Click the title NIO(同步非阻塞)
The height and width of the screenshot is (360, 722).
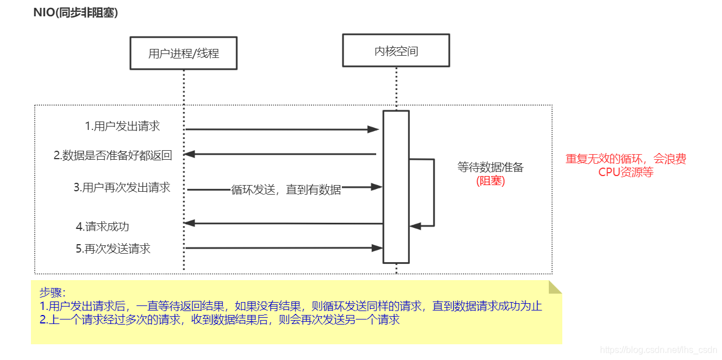pos(76,13)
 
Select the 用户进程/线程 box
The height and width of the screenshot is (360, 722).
pos(183,53)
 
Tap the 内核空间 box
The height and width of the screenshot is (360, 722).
pos(396,51)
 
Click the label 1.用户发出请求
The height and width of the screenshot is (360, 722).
pos(123,126)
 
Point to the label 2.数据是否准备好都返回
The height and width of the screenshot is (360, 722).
pos(112,156)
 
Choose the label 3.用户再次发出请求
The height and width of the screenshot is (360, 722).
pos(122,187)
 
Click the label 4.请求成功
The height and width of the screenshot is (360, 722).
pos(102,226)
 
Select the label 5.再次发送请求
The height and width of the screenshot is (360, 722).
pos(113,248)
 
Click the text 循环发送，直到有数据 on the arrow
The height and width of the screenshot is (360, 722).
pos(286,190)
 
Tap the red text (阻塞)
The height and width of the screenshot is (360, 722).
pos(490,181)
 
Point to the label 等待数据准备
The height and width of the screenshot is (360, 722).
pos(490,167)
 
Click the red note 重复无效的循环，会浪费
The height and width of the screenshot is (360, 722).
pos(626,159)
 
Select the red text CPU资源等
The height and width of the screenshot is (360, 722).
pos(626,172)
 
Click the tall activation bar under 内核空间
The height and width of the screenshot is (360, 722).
pos(396,186)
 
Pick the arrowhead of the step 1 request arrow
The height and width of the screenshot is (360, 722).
pos(374,129)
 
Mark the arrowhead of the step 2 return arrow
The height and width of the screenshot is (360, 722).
pos(189,154)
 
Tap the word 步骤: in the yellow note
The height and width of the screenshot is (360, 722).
pos(52,292)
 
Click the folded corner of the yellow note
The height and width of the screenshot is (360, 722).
pos(555,287)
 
